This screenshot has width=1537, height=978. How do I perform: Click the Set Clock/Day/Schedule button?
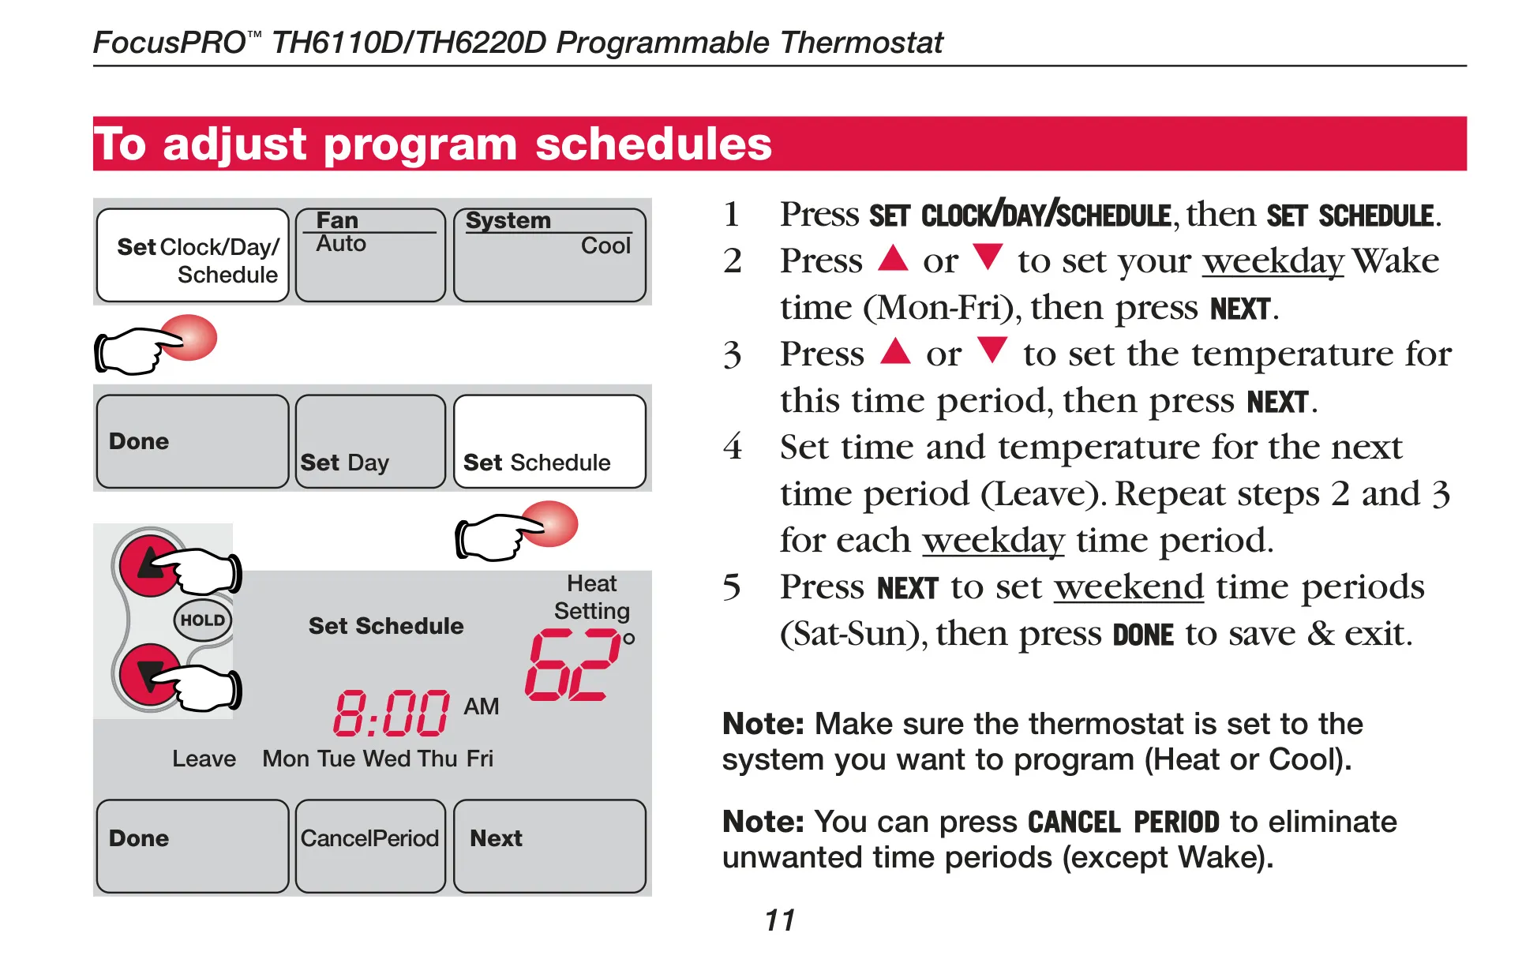(x=193, y=255)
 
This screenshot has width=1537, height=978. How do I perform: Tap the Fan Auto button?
(x=370, y=255)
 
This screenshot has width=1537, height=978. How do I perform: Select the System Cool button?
(x=549, y=255)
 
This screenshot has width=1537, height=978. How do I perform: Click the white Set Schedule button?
(x=549, y=441)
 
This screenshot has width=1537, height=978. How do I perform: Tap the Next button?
(x=549, y=846)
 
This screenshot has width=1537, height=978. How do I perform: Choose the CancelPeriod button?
(x=370, y=846)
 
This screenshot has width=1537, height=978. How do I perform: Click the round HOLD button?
(x=203, y=620)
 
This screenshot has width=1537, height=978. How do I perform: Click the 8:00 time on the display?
(x=392, y=713)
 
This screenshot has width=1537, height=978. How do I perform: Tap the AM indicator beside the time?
(x=482, y=706)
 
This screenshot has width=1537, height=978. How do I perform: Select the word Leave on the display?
(x=204, y=759)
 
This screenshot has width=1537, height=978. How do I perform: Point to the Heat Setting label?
(x=592, y=597)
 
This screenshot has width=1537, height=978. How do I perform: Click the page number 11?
(x=780, y=920)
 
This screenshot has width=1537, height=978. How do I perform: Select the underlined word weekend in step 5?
(x=1129, y=586)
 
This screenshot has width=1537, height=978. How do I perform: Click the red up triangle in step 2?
(x=894, y=257)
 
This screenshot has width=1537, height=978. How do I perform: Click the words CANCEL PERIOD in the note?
(x=1124, y=822)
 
